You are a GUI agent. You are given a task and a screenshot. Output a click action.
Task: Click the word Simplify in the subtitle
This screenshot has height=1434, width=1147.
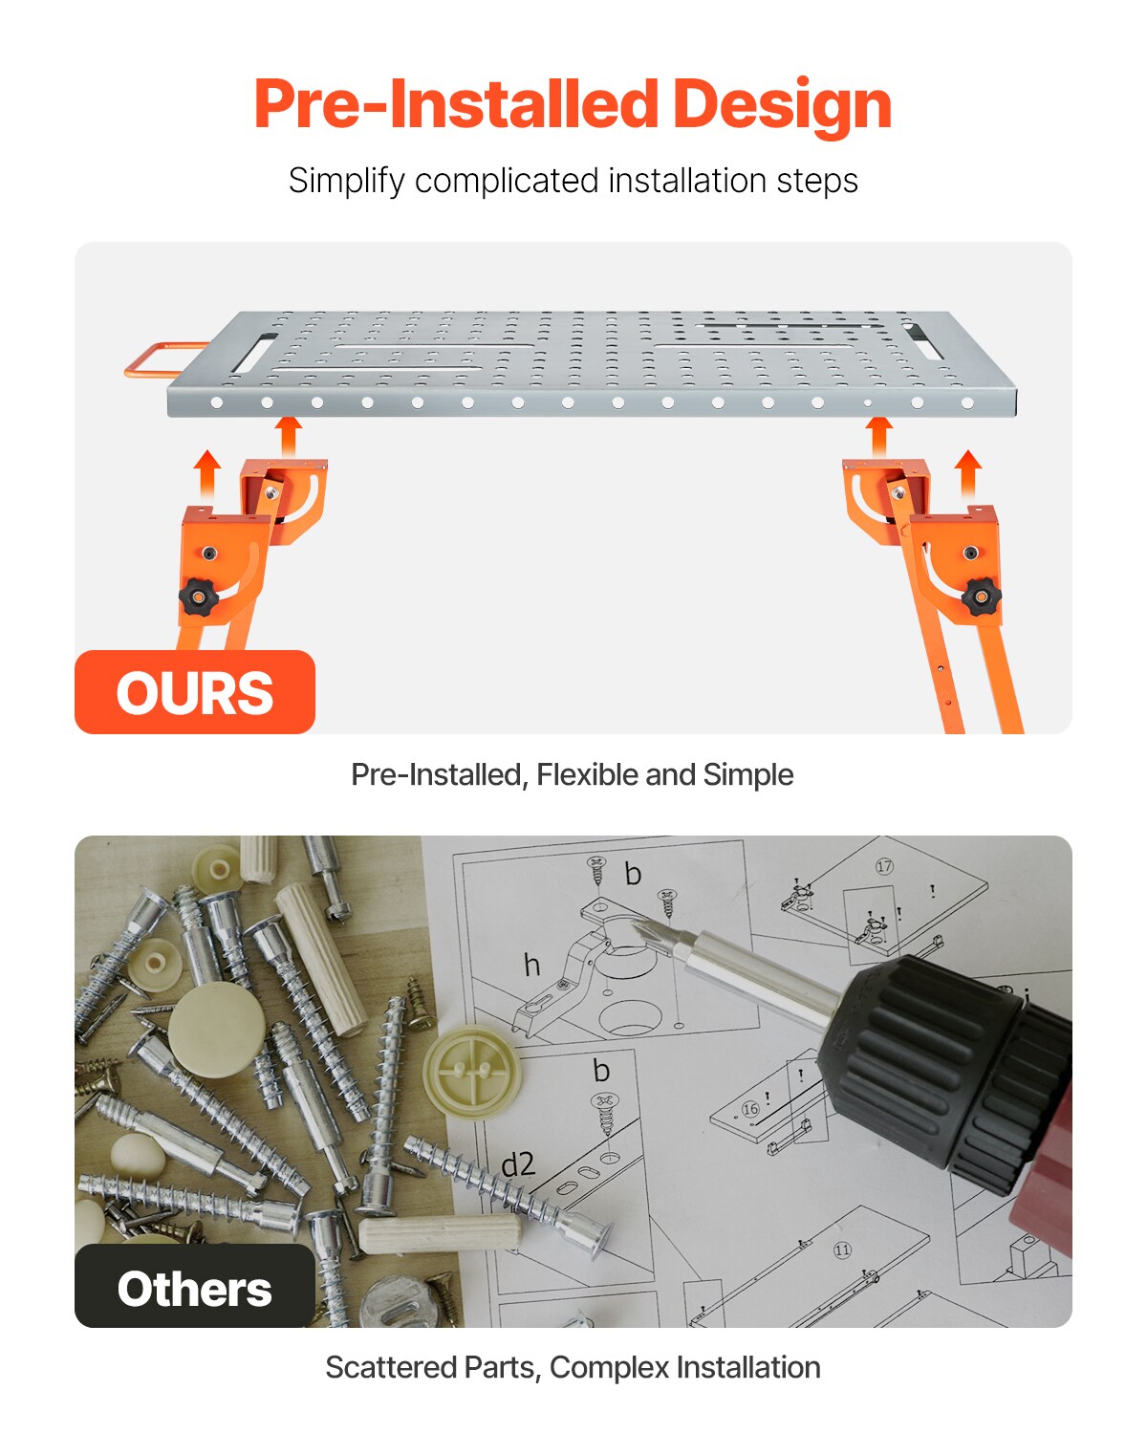[x=346, y=181]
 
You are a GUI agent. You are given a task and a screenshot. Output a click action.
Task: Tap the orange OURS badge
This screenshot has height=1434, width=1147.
[x=195, y=692]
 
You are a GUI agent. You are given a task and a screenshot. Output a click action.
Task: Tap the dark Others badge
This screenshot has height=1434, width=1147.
[x=195, y=1287]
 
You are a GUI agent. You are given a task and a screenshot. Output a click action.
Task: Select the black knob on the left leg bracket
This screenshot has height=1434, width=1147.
[x=199, y=597]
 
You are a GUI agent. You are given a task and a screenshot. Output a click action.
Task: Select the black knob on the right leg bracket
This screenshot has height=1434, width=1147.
[x=981, y=597]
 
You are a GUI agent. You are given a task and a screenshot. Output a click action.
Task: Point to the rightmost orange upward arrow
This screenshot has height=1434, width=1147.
[x=968, y=472]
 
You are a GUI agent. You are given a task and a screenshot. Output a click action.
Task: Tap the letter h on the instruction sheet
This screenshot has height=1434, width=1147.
[x=532, y=965]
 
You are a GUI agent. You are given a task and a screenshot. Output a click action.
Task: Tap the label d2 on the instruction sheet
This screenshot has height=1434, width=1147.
[x=518, y=1163]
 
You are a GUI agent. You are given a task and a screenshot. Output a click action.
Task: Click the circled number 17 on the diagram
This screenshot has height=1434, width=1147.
[x=884, y=866]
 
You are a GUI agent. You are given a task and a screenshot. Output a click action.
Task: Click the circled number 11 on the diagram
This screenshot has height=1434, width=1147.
[x=842, y=1249]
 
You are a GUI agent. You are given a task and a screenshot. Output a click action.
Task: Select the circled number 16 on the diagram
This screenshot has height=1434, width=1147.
[x=750, y=1109]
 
